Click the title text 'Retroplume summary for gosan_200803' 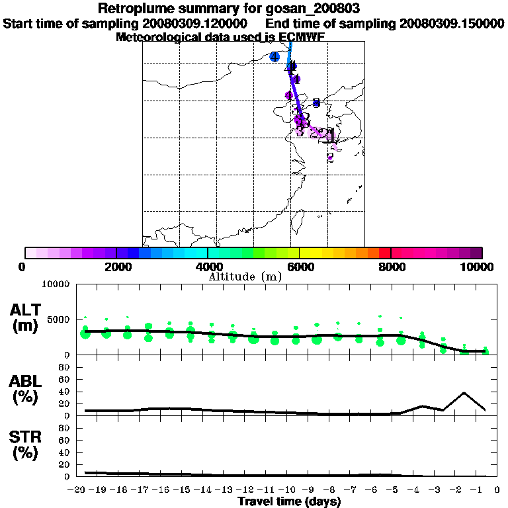(228, 9)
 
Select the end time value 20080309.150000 (452, 23)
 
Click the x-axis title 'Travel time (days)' (289, 501)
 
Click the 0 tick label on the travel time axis (496, 490)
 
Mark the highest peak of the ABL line (464, 392)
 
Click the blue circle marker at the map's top (275, 56)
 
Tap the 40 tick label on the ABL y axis (65, 391)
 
